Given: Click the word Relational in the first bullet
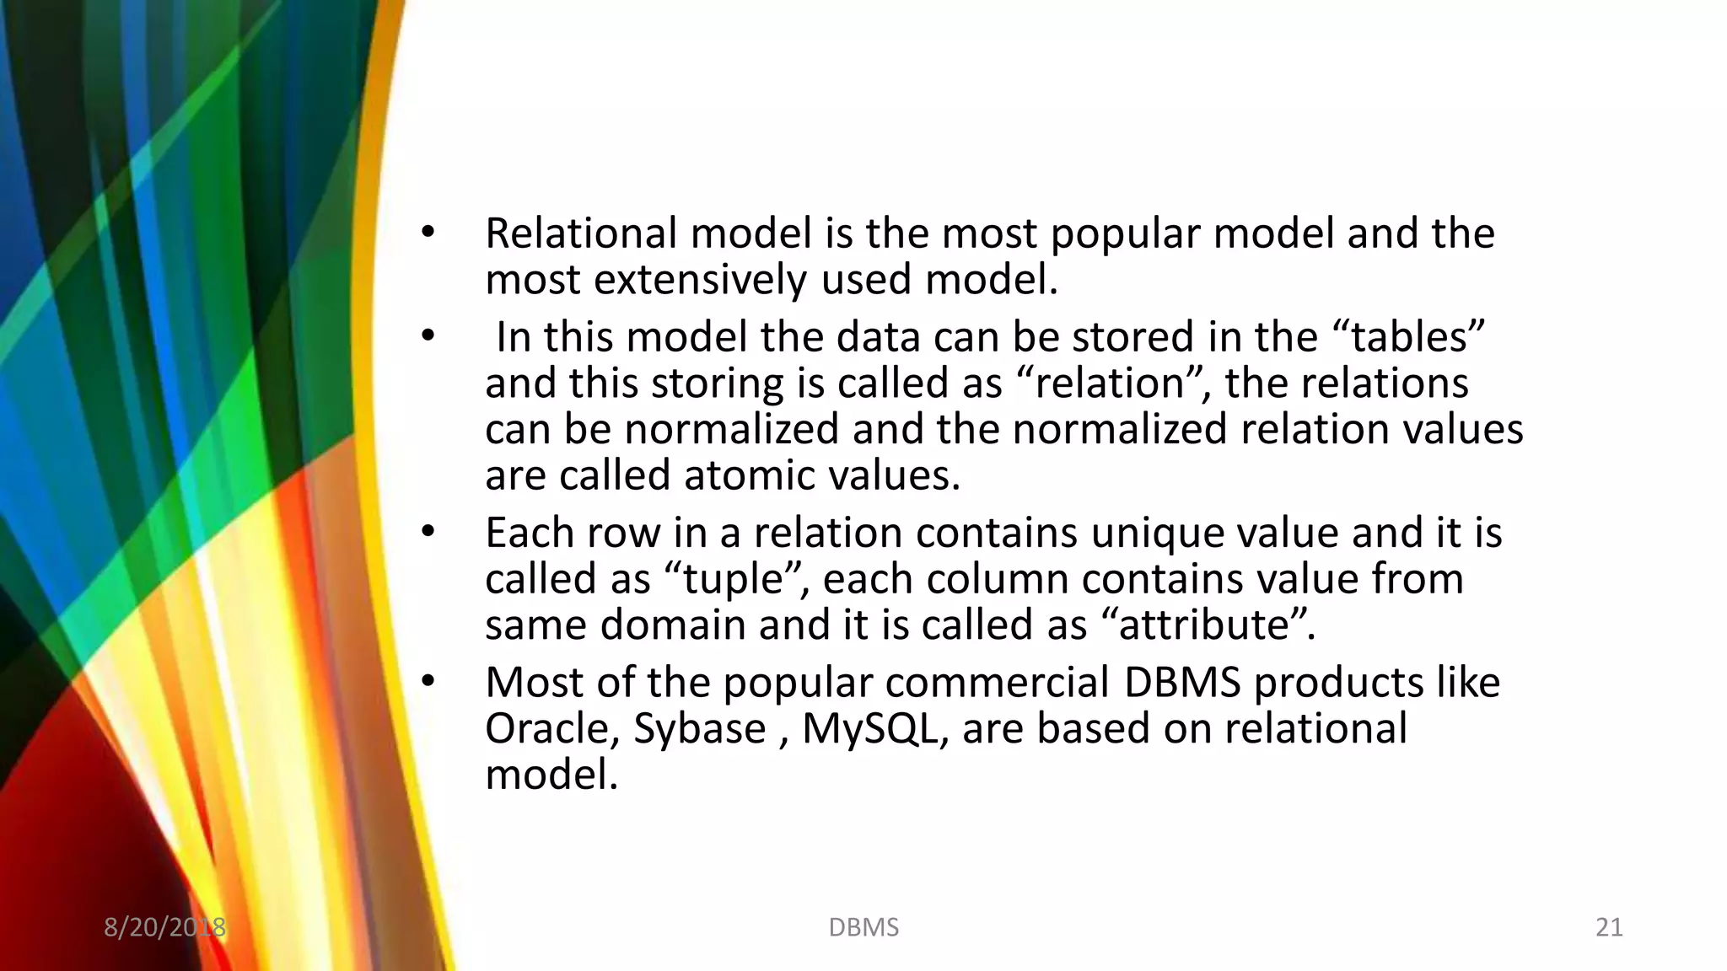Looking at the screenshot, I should click(x=581, y=233).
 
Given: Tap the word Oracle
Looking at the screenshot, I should click(x=552, y=729).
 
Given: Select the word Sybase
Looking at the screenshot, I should click(x=699, y=729).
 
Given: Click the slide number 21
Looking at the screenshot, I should click(x=1609, y=927).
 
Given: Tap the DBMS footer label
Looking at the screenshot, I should click(x=863, y=927).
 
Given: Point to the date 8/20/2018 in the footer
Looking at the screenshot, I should click(x=164, y=927).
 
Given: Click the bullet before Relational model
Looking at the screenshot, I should click(x=428, y=233).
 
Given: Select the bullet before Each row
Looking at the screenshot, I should click(x=428, y=533).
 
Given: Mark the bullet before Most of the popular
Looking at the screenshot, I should click(x=428, y=683).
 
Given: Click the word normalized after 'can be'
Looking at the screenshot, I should click(x=731, y=429).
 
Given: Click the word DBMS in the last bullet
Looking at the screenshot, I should click(x=1181, y=683).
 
